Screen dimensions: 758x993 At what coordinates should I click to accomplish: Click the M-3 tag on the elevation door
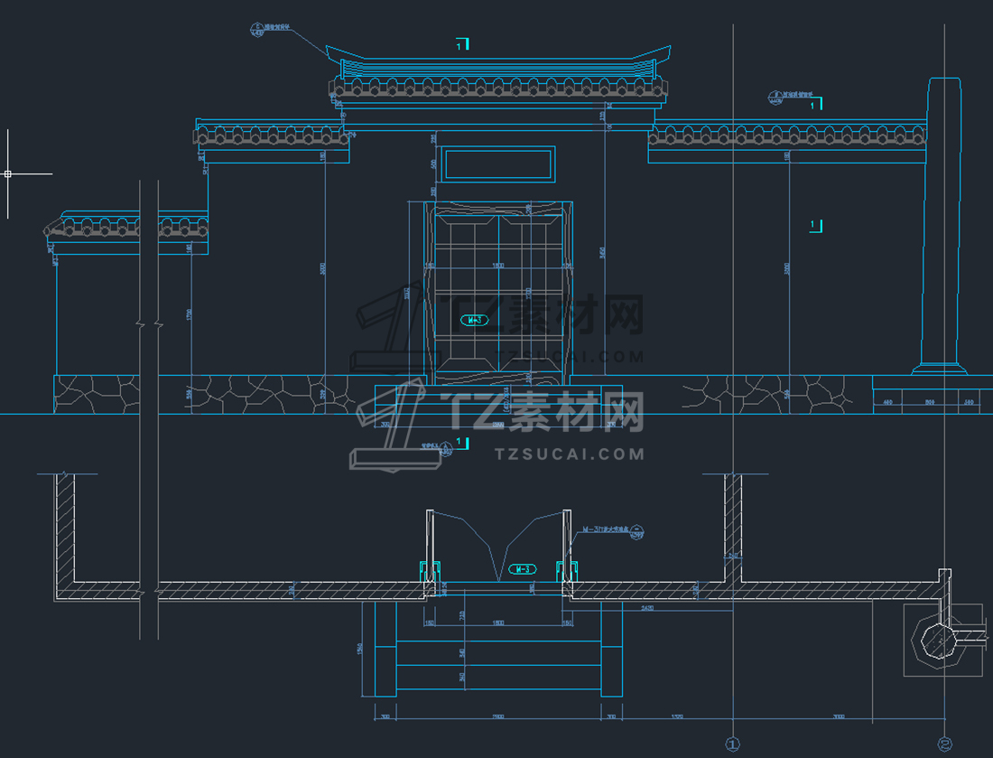474,320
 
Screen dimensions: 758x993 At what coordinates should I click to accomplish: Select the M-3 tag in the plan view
522,569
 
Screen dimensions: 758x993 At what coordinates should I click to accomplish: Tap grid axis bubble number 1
732,744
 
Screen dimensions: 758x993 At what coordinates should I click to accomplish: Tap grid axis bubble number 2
944,744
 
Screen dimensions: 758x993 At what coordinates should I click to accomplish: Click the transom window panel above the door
498,163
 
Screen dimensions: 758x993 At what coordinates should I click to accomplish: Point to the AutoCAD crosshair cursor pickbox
7,173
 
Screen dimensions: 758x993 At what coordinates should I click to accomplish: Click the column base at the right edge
940,369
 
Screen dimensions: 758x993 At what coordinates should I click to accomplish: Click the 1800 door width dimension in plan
498,622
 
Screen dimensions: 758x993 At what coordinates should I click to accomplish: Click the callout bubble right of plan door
638,531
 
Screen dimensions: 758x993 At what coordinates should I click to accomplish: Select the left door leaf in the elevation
467,289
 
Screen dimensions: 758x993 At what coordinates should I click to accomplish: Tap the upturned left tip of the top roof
330,50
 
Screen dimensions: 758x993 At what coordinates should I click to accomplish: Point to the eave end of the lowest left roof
47,232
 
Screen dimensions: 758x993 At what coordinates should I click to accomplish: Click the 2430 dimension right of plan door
648,610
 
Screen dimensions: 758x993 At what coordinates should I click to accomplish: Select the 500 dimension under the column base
929,402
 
